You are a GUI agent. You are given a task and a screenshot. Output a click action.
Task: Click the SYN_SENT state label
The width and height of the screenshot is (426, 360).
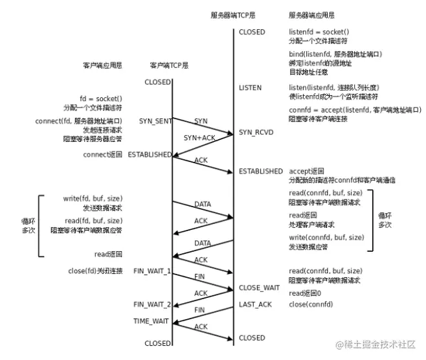pos(155,121)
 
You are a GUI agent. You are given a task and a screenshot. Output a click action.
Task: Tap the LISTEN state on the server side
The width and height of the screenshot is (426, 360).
pos(251,87)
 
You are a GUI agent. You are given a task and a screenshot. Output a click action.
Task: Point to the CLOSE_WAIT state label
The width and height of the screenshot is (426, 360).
pos(259,287)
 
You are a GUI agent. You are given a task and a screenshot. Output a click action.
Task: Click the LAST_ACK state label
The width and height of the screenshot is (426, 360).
pos(254,304)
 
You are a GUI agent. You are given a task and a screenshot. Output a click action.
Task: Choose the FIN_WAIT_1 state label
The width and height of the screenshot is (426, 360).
pos(152,270)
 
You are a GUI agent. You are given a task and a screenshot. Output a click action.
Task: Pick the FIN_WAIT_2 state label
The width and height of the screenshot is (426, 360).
pos(152,304)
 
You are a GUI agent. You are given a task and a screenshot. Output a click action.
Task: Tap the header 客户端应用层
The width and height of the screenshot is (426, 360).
pos(102,65)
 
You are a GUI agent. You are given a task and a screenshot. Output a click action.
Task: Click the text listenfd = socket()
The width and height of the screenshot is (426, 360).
pos(319,32)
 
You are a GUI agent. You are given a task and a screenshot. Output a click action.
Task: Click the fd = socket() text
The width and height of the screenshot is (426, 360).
pos(101,98)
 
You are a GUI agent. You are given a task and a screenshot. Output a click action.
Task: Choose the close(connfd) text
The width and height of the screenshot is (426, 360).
pos(311,304)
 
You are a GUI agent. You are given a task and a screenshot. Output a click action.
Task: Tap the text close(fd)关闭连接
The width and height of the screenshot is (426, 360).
pos(95,270)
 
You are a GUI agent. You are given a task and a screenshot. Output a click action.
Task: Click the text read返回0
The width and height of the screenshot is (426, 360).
pos(306,293)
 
